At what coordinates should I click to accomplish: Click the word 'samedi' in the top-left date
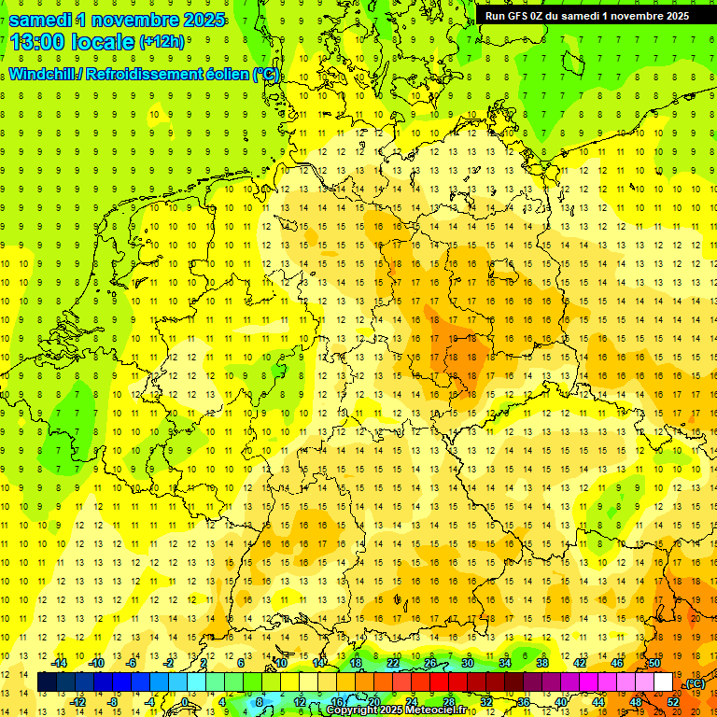point(42,19)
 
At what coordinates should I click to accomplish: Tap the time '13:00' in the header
point(39,41)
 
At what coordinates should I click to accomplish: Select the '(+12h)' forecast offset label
point(162,42)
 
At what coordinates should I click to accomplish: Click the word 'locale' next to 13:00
point(105,41)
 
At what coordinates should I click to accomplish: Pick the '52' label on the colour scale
point(673,702)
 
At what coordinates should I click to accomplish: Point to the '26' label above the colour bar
point(430,663)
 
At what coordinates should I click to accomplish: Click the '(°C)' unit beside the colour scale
point(695,683)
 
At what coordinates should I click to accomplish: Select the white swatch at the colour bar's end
point(663,682)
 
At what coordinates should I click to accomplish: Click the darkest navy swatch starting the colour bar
point(47,682)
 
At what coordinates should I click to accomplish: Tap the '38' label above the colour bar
point(542,663)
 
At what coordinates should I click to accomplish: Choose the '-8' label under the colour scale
point(112,702)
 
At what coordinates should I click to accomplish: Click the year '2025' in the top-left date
point(198,19)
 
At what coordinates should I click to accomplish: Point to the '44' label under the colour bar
point(598,702)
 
